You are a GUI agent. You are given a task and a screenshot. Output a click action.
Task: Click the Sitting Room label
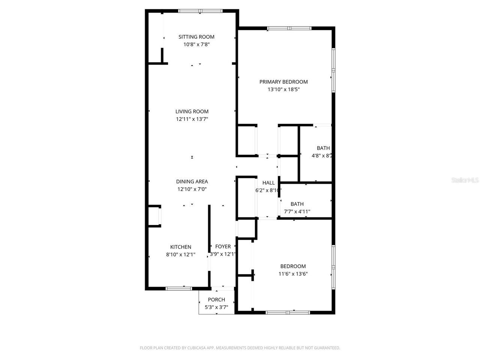[x=196, y=37]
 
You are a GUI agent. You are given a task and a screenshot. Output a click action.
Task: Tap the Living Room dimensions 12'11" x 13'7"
[x=192, y=119]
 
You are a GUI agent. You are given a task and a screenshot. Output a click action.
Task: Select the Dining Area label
[x=192, y=181]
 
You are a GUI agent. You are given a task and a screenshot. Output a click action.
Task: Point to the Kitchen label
[x=181, y=247]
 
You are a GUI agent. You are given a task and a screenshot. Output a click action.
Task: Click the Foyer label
[x=223, y=246]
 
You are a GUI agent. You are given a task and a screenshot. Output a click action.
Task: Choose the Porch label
[x=216, y=300]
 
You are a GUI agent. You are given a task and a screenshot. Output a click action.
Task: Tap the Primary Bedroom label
[x=283, y=82]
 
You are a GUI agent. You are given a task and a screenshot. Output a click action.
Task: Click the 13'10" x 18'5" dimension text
[x=283, y=90]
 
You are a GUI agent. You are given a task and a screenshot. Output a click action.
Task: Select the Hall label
[x=268, y=183]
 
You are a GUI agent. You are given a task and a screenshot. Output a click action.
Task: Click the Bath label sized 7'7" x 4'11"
[x=297, y=204]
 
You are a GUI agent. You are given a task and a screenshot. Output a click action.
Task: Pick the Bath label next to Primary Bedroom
[x=323, y=148]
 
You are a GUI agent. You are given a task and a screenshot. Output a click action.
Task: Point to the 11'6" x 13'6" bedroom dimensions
[x=293, y=274]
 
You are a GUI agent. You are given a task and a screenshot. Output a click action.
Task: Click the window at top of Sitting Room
[x=200, y=11]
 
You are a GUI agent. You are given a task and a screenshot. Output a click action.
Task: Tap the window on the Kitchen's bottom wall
[x=179, y=288]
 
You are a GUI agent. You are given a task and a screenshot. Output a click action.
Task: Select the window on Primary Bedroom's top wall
[x=289, y=28]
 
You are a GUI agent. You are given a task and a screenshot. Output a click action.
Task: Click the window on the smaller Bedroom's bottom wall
[x=288, y=312]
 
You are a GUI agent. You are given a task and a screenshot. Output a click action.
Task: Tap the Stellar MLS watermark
[x=465, y=180]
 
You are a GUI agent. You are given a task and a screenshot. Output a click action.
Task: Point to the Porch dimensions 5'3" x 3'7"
[x=216, y=307]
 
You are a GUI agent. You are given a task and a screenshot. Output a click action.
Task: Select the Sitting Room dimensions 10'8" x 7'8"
[x=196, y=44]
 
